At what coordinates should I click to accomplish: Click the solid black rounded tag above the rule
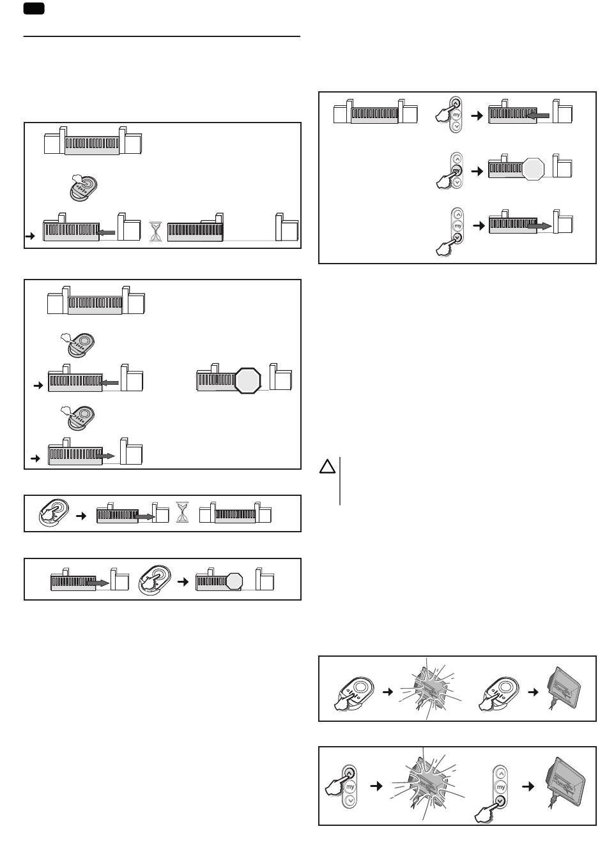tap(33, 8)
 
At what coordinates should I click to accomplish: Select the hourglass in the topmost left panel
tap(156, 230)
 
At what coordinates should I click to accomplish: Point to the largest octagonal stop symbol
tap(248, 381)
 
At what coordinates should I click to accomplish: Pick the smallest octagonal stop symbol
tap(234, 581)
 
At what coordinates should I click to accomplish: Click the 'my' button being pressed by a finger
tap(456, 170)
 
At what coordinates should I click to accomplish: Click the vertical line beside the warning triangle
tap(340, 481)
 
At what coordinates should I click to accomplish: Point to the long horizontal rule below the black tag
tap(162, 37)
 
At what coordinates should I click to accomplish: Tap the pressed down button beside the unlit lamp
tap(500, 802)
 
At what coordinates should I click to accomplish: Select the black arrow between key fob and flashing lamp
tap(386, 692)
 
